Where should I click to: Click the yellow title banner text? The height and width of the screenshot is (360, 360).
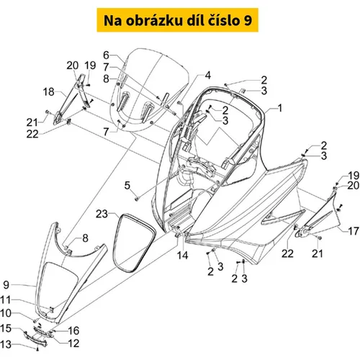coord(178,20)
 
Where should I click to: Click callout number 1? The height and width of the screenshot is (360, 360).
coord(280,108)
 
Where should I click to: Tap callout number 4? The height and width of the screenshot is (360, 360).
coord(208,76)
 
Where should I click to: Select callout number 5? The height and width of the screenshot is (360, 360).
coord(127,186)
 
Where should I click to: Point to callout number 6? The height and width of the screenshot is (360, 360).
coord(106,55)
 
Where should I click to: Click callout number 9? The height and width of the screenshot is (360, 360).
coord(6,285)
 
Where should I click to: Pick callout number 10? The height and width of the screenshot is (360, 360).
coord(6,313)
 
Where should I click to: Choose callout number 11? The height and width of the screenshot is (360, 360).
coord(6,300)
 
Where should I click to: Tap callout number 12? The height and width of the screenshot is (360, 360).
coord(73,343)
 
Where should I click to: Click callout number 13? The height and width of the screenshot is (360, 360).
coord(6,345)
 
